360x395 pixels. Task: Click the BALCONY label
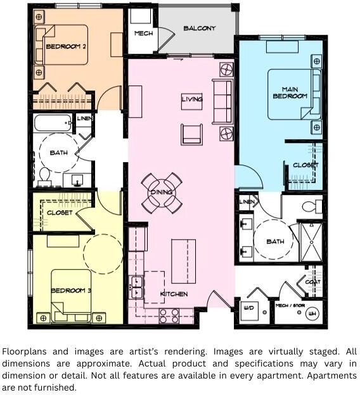(199, 28)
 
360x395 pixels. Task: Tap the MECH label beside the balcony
(143, 34)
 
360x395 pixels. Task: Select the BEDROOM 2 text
(66, 46)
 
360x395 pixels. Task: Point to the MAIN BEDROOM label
(290, 92)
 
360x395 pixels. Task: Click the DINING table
(162, 192)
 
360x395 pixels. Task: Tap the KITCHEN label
(174, 294)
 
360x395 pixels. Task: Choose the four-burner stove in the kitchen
(169, 316)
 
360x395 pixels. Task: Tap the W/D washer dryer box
(248, 311)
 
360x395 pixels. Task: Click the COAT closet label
(313, 282)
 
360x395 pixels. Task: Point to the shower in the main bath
(312, 242)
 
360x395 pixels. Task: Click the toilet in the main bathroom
(312, 206)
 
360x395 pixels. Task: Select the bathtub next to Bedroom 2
(53, 123)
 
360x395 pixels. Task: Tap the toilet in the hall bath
(45, 176)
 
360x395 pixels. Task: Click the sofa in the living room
(222, 101)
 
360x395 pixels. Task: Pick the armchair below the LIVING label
(192, 135)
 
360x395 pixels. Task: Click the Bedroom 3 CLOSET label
(60, 213)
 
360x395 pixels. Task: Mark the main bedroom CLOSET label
(305, 165)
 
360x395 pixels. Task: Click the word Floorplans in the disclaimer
(25, 351)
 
